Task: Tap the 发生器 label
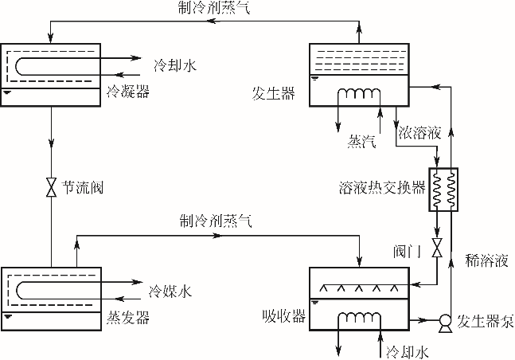click(273, 95)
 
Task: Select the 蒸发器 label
click(127, 318)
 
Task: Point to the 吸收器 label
click(284, 316)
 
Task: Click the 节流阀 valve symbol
click(52, 189)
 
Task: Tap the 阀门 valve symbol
click(436, 248)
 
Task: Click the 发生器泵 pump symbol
click(444, 322)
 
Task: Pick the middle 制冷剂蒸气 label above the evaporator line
click(215, 223)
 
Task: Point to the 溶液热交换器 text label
click(380, 190)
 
